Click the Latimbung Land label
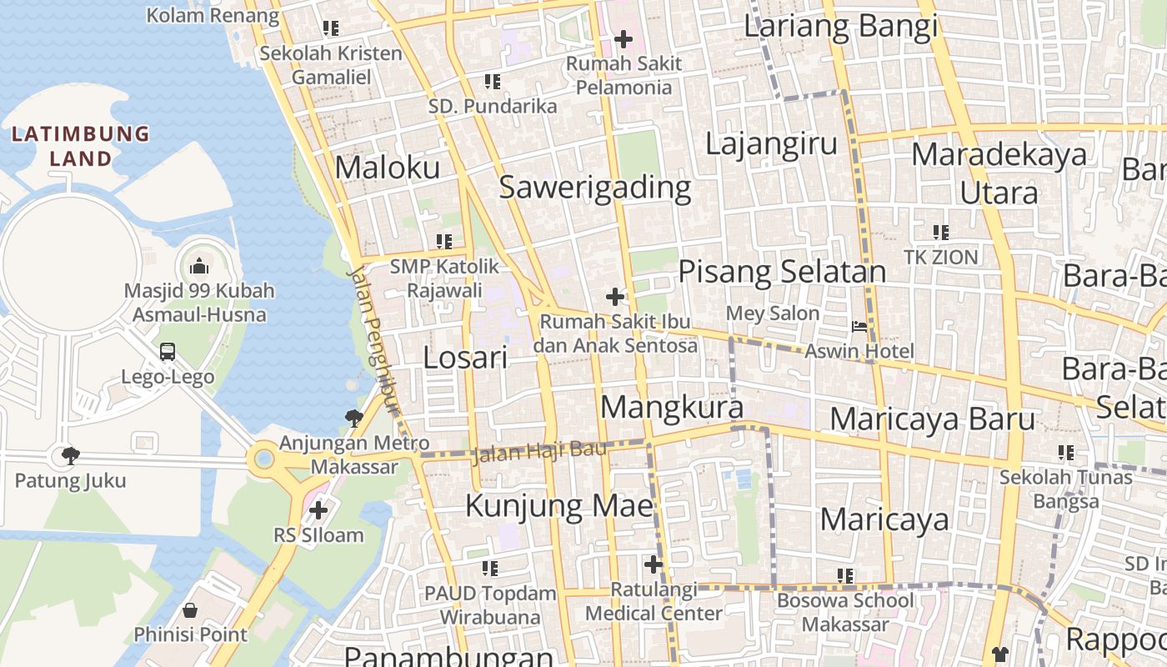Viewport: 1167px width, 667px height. click(x=80, y=146)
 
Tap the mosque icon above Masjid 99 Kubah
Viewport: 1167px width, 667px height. click(x=199, y=266)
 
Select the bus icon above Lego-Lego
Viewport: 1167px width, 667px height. click(x=168, y=352)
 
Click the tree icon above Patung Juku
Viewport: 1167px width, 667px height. click(x=71, y=455)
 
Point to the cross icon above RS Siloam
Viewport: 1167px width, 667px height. click(x=318, y=509)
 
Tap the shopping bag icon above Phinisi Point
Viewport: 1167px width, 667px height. click(x=190, y=610)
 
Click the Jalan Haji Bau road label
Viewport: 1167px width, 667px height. click(x=539, y=453)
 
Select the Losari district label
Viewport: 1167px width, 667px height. click(x=465, y=358)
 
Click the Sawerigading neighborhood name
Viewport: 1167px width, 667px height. click(x=595, y=188)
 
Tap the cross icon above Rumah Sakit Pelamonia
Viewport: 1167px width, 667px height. click(x=624, y=38)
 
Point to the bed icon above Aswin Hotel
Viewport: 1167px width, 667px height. click(x=859, y=327)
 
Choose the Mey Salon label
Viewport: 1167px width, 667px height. click(x=773, y=313)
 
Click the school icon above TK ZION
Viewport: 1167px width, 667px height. click(x=941, y=232)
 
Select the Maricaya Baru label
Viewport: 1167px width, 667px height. click(x=932, y=419)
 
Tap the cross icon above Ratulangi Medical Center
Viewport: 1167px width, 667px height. click(x=654, y=564)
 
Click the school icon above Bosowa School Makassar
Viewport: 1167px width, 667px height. click(x=845, y=575)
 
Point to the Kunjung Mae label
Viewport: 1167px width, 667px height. click(x=558, y=506)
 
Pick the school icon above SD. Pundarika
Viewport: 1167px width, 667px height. click(x=493, y=82)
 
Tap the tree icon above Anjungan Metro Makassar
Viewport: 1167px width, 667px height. click(x=354, y=418)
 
